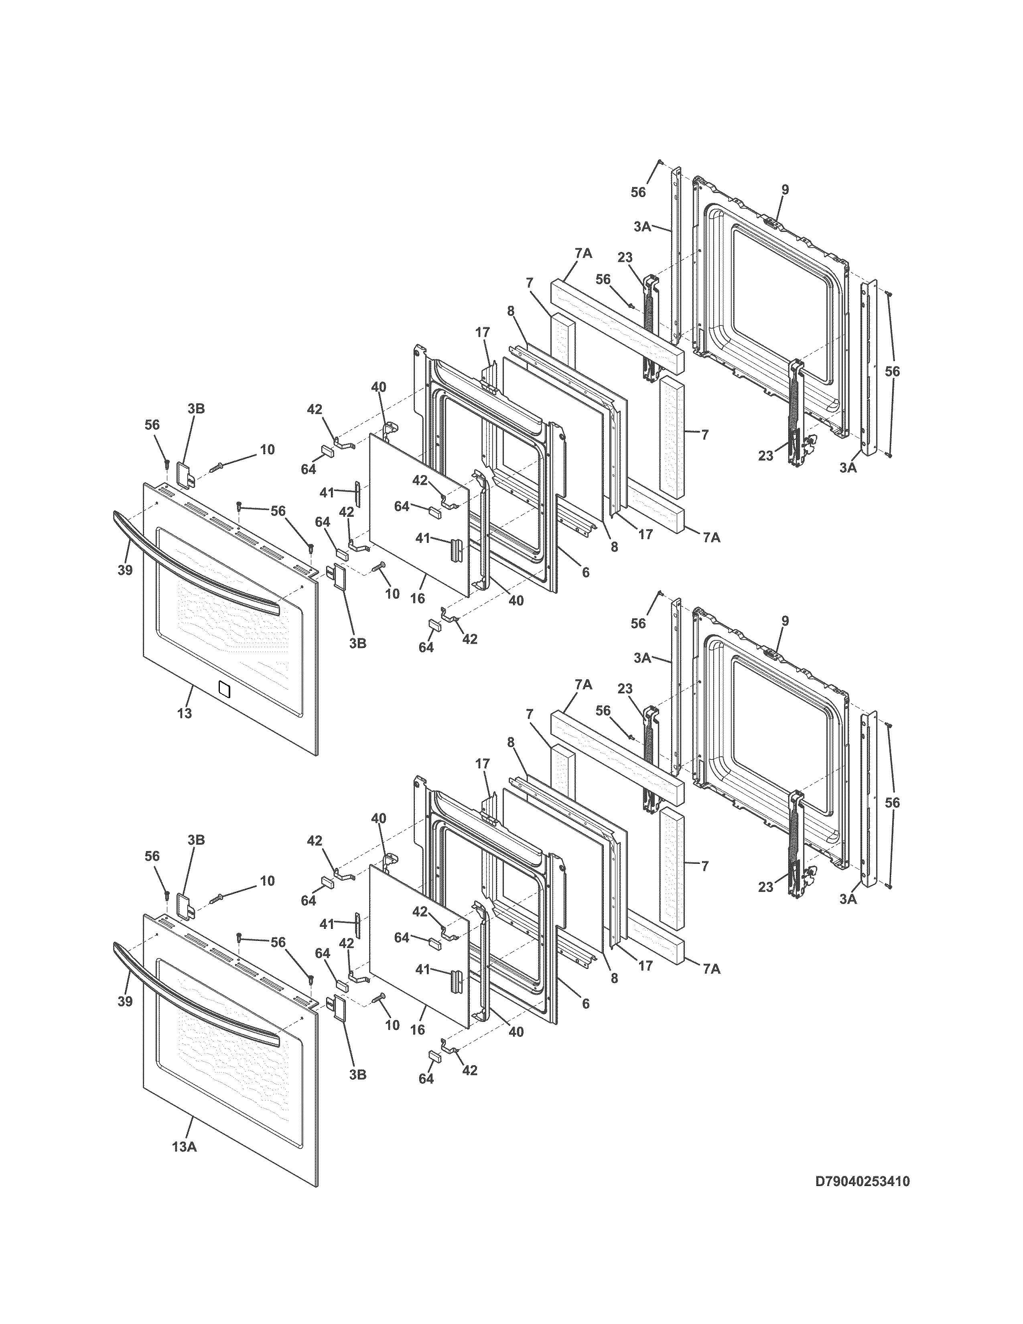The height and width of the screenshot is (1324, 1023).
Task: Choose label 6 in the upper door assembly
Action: (585, 572)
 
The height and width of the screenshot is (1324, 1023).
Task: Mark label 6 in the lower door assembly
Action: (585, 1003)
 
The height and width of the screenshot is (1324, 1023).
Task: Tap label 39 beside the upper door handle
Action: (125, 570)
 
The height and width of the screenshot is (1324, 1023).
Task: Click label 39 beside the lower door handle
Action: (125, 1001)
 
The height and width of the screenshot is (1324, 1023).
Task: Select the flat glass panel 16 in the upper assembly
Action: (418, 515)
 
